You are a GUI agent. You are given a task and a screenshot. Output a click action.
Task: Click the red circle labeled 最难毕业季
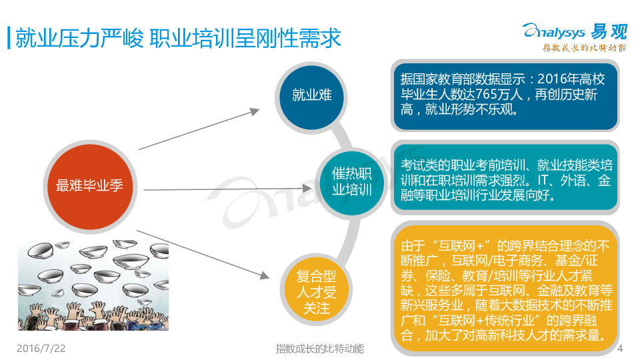(90, 187)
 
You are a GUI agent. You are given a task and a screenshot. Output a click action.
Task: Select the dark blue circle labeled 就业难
(311, 97)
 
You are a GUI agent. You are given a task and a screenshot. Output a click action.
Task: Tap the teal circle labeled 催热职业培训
(351, 183)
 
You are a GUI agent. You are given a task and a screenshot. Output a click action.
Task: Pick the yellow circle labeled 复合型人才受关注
(316, 290)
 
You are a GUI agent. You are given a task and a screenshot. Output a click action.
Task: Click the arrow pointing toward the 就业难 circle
(199, 129)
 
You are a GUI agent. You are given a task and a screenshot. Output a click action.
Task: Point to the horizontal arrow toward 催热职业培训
(227, 189)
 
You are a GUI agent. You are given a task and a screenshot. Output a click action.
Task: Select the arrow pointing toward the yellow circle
(203, 255)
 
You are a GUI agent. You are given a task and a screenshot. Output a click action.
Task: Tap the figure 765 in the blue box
(487, 94)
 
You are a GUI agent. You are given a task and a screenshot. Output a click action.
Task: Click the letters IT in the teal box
(544, 180)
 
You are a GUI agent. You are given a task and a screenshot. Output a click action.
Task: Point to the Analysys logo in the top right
(575, 31)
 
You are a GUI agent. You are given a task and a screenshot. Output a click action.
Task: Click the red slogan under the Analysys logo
(584, 48)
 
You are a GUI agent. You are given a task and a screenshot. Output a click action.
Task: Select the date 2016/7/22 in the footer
(41, 348)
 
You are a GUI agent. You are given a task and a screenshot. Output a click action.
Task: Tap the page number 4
(620, 348)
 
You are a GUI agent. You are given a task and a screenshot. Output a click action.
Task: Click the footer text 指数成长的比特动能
(319, 349)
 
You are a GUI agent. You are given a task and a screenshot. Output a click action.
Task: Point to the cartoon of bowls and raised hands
(93, 285)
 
